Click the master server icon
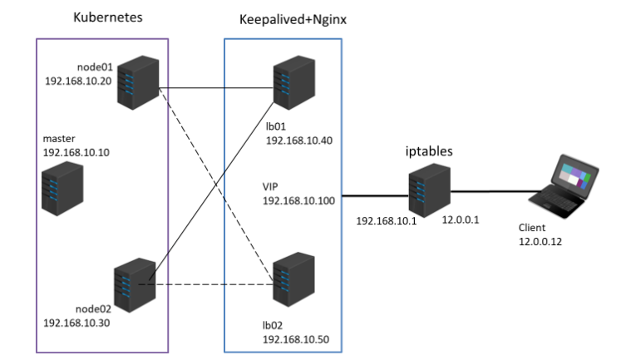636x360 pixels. [x=63, y=188]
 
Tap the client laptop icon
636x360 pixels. [x=565, y=185]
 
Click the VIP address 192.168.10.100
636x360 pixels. [x=299, y=201]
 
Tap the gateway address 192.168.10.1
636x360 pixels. [x=383, y=222]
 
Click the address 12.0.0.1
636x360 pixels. [x=460, y=221]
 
